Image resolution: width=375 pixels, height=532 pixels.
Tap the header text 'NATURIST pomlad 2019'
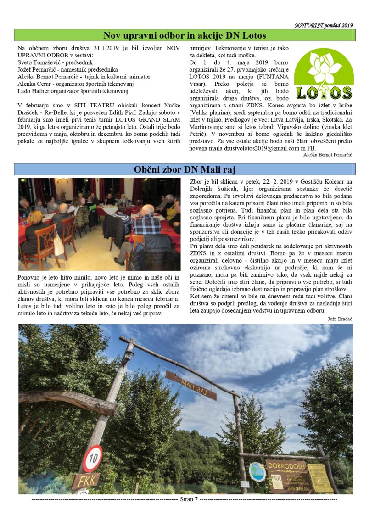coord(324,25)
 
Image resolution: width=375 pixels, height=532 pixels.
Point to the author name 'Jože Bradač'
coord(340,318)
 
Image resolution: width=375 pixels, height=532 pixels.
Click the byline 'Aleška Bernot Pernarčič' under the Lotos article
coord(328,155)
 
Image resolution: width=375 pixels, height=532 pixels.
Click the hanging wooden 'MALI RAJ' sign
coord(190,385)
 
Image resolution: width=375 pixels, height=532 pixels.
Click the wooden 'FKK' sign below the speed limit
coord(86,481)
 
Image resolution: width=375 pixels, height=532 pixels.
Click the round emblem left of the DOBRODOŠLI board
coord(257,471)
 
